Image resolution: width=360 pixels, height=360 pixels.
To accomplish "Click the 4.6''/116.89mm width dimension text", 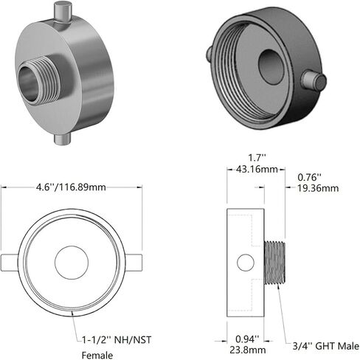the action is [x=71, y=187].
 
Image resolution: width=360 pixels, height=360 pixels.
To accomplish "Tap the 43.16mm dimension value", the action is [x=257, y=169].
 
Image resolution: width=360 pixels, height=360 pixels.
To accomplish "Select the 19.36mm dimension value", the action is [x=318, y=188].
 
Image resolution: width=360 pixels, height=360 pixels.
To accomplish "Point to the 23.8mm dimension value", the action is [x=248, y=350].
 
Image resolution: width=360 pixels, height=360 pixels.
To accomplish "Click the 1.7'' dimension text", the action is [x=257, y=158].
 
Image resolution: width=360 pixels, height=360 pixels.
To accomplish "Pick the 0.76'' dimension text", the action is [x=309, y=177].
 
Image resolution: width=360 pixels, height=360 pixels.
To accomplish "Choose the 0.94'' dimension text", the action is [x=247, y=339].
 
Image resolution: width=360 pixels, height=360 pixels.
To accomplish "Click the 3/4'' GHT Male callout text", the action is [x=326, y=346].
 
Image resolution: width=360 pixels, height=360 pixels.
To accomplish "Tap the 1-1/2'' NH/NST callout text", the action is [x=117, y=340].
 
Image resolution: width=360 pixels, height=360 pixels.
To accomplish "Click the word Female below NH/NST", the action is [x=97, y=356].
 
